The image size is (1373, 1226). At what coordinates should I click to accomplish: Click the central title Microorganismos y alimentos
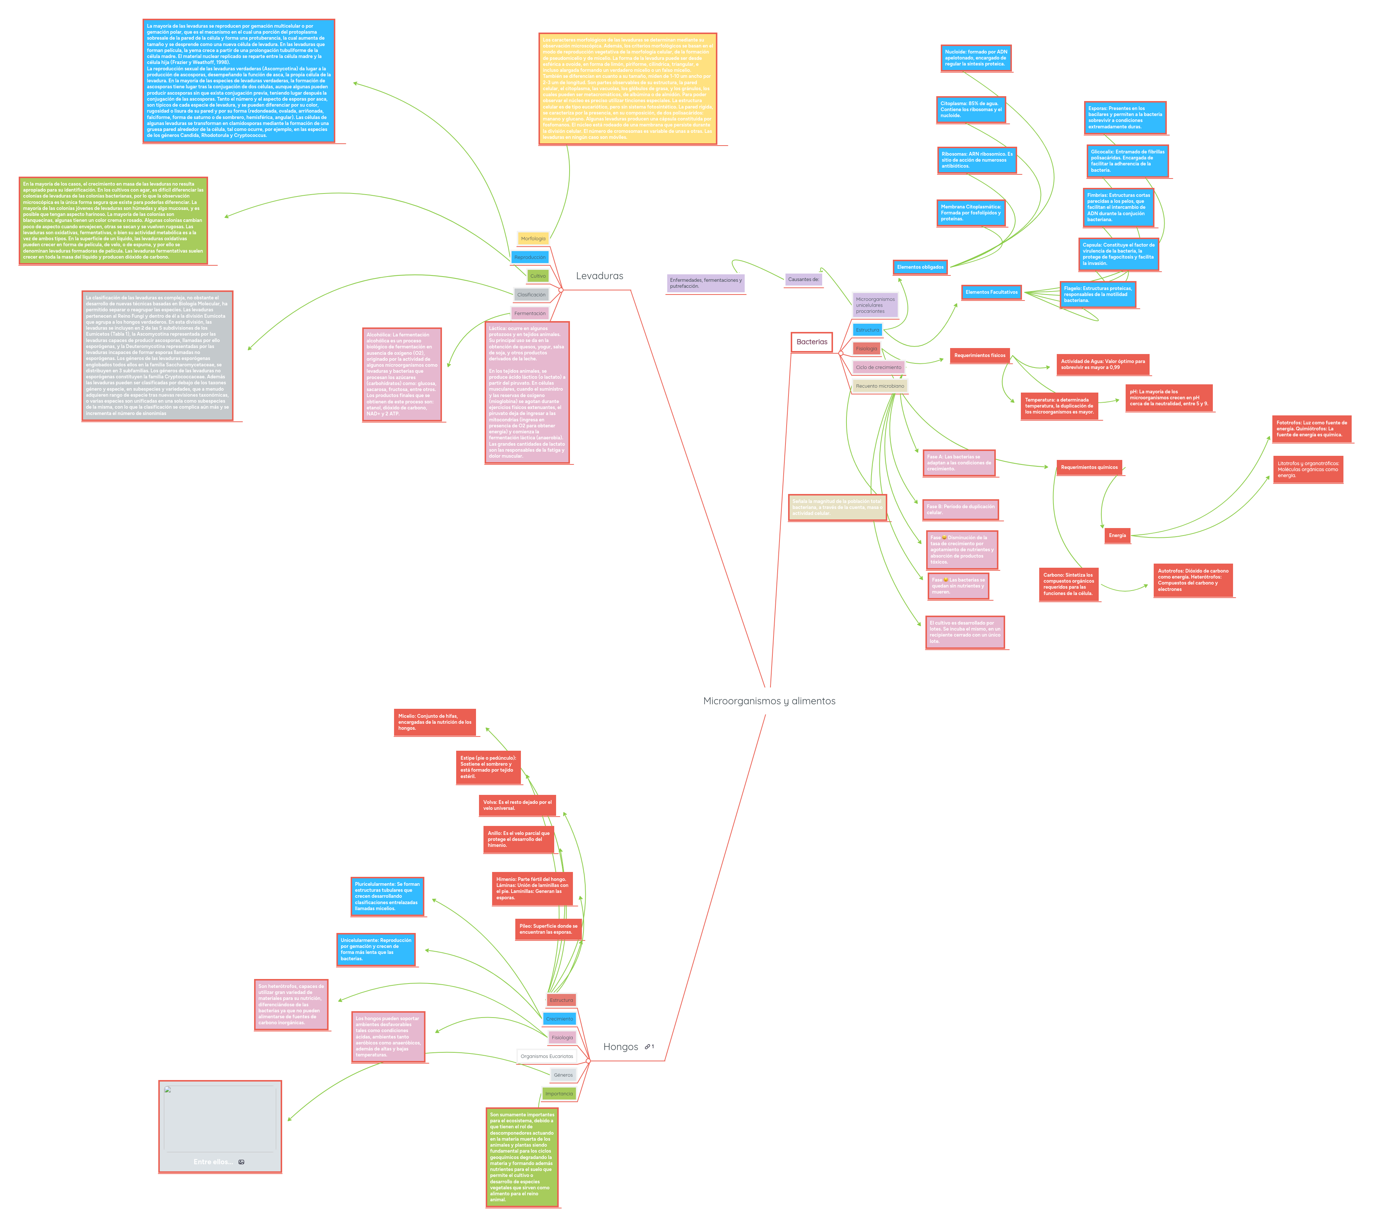(769, 701)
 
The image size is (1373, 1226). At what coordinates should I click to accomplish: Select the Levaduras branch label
(599, 275)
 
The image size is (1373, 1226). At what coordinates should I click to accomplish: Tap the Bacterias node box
(811, 342)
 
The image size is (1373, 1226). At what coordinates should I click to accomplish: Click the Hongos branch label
(620, 1047)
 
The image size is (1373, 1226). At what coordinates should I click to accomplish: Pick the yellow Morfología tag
(533, 238)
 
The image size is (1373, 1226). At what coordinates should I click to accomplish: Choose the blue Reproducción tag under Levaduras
(530, 257)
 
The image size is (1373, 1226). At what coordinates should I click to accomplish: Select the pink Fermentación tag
(530, 313)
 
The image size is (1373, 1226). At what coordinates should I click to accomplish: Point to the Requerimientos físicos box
(980, 356)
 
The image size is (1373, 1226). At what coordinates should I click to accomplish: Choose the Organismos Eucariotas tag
(546, 1056)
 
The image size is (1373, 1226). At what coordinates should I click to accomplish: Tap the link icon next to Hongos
(647, 1047)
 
